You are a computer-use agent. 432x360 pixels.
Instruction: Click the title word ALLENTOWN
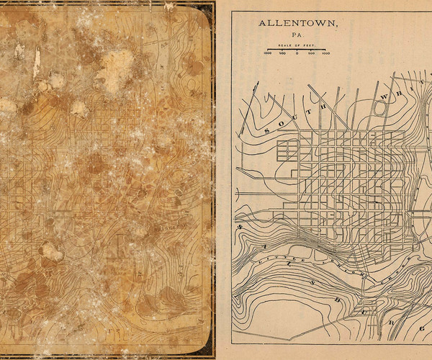point(297,24)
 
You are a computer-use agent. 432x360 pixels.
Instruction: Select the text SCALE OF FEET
point(297,46)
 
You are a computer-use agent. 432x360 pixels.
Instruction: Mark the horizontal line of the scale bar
point(297,50)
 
